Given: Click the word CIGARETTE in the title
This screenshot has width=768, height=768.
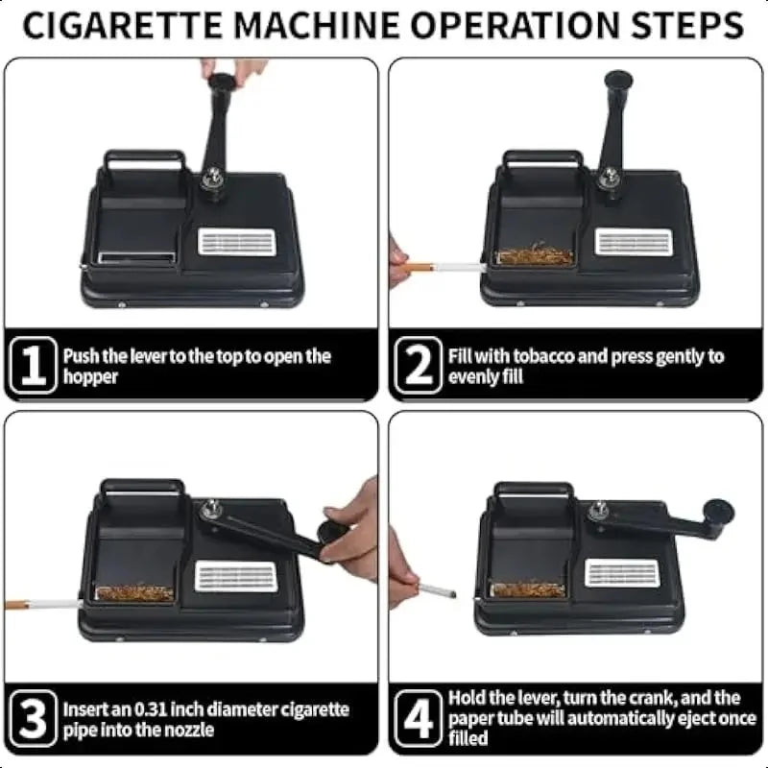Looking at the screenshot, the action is (122, 25).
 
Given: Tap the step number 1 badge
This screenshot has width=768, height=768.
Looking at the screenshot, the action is (34, 365).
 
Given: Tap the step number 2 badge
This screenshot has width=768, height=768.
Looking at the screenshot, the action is (419, 365).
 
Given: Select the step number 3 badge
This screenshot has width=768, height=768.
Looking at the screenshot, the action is (34, 718).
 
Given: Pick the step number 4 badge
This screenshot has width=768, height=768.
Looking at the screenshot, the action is (419, 718).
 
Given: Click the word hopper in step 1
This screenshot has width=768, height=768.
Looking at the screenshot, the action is (90, 377).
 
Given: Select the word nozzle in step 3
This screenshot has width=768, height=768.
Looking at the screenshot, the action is (188, 730).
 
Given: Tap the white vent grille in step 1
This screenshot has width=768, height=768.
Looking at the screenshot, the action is (236, 242).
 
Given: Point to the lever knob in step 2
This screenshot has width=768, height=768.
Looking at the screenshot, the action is (618, 80).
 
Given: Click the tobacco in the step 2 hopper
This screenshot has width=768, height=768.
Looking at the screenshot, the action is (535, 255).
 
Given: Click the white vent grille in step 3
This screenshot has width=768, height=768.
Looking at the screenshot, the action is (235, 576).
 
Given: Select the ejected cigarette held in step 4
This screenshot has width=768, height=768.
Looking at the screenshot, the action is (436, 588).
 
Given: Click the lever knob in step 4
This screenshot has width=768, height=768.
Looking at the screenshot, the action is (717, 512).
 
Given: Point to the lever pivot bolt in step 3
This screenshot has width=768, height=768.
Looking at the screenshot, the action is (211, 509).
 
